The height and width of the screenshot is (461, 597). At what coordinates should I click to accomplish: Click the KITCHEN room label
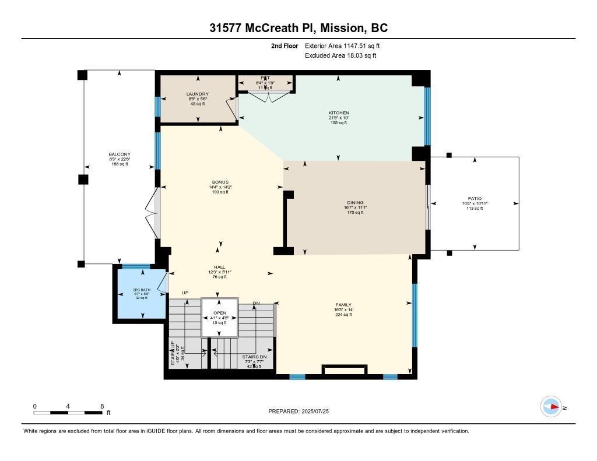tap(339, 113)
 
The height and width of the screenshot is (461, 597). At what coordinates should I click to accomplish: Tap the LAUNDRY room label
tap(198, 94)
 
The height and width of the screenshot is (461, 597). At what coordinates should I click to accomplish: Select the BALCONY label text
tap(119, 154)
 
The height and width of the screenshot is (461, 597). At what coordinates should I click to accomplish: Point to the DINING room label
tap(354, 203)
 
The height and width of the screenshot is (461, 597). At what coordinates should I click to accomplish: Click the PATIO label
tap(475, 198)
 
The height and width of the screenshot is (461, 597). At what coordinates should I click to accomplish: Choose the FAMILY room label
tap(343, 305)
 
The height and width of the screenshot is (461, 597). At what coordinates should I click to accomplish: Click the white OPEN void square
tap(220, 318)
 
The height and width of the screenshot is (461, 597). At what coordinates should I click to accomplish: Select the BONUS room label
tap(220, 182)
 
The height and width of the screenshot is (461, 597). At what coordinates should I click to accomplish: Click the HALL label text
tap(219, 267)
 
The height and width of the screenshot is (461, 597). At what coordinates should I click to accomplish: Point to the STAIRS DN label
tap(254, 356)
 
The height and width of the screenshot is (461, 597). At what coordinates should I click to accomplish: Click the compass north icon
tap(551, 407)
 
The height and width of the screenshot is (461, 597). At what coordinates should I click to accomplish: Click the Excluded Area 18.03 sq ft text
tap(340, 55)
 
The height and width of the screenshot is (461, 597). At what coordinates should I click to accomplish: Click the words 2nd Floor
tap(285, 45)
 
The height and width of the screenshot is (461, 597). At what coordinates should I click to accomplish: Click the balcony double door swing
tap(153, 213)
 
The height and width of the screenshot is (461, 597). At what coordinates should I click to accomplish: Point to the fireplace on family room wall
tap(344, 371)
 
